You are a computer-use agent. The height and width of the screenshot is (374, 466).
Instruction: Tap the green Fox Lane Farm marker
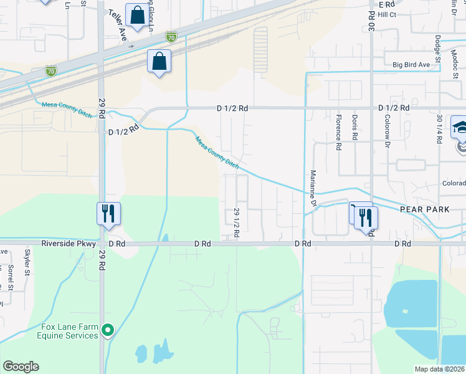point(108,329)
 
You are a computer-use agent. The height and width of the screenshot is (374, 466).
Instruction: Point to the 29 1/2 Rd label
point(237,223)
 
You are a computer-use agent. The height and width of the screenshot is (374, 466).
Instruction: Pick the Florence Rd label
point(339,137)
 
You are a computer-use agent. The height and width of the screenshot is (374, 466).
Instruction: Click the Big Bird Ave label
point(411,64)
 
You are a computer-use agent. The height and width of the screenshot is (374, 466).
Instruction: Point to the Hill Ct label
point(387,14)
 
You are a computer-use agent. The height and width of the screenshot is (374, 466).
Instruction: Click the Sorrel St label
point(11,278)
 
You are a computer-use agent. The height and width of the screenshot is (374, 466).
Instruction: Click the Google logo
point(21,367)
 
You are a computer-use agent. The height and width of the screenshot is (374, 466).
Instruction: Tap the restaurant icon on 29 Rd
point(108,213)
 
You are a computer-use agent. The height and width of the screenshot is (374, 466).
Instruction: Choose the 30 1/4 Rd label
point(440,130)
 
